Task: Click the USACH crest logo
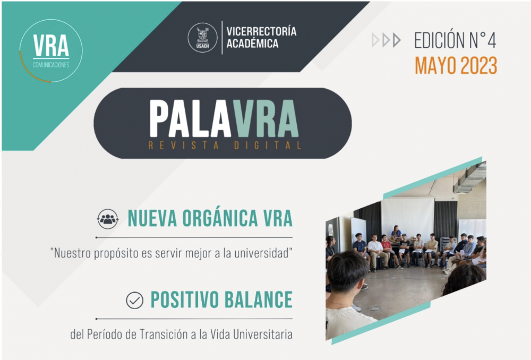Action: click(202, 37)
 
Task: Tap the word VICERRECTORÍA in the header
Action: click(261, 31)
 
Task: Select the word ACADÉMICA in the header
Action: click(252, 44)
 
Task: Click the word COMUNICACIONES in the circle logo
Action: click(51, 65)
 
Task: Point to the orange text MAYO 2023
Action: click(456, 66)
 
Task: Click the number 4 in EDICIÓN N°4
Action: click(491, 41)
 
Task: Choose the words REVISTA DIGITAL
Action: click(225, 145)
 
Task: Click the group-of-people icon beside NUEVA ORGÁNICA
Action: click(108, 219)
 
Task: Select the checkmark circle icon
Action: click(135, 301)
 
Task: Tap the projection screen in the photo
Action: click(408, 216)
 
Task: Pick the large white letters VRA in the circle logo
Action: click(51, 46)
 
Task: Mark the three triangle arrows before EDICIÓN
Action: click(387, 40)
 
